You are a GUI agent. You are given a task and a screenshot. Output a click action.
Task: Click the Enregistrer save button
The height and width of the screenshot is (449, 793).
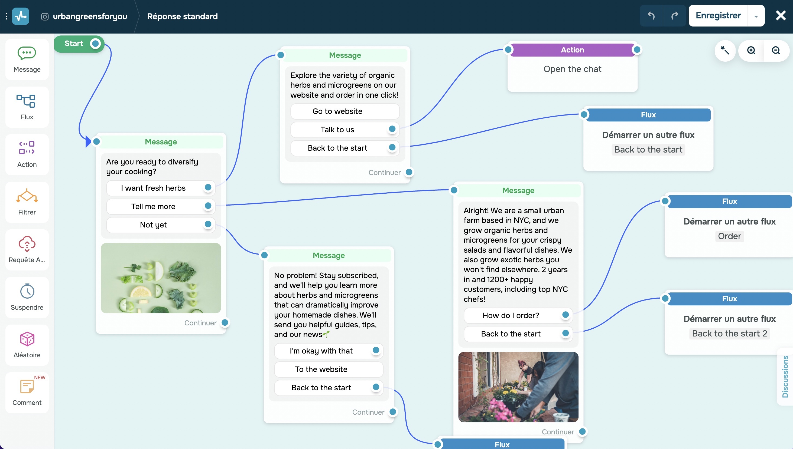(718, 16)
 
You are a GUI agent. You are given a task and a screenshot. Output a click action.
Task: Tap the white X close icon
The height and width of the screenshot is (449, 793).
(781, 15)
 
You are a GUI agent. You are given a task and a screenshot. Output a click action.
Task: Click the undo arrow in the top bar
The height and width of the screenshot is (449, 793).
(651, 16)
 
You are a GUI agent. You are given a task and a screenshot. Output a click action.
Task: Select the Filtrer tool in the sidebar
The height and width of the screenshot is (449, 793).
(27, 202)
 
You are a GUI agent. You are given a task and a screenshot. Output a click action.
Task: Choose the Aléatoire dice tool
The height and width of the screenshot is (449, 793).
(27, 345)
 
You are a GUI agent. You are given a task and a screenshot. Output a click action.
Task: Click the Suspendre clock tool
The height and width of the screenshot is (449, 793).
(27, 297)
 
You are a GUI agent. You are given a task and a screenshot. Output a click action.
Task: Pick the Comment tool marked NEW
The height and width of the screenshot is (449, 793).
(27, 392)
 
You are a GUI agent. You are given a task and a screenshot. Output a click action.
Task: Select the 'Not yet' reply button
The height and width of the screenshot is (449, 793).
(153, 225)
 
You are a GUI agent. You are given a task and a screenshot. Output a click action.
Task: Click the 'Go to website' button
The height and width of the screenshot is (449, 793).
(337, 111)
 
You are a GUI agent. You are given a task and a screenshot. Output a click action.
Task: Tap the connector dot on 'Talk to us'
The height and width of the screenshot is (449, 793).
(392, 129)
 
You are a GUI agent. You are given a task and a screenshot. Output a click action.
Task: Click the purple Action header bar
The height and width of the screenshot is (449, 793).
(572, 50)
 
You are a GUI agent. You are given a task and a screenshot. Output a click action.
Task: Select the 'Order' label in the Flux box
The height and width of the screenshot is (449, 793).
(729, 236)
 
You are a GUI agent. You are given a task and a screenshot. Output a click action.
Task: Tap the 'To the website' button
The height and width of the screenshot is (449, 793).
(321, 369)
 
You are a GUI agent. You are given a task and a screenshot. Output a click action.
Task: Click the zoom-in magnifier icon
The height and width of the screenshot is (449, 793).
(751, 50)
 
